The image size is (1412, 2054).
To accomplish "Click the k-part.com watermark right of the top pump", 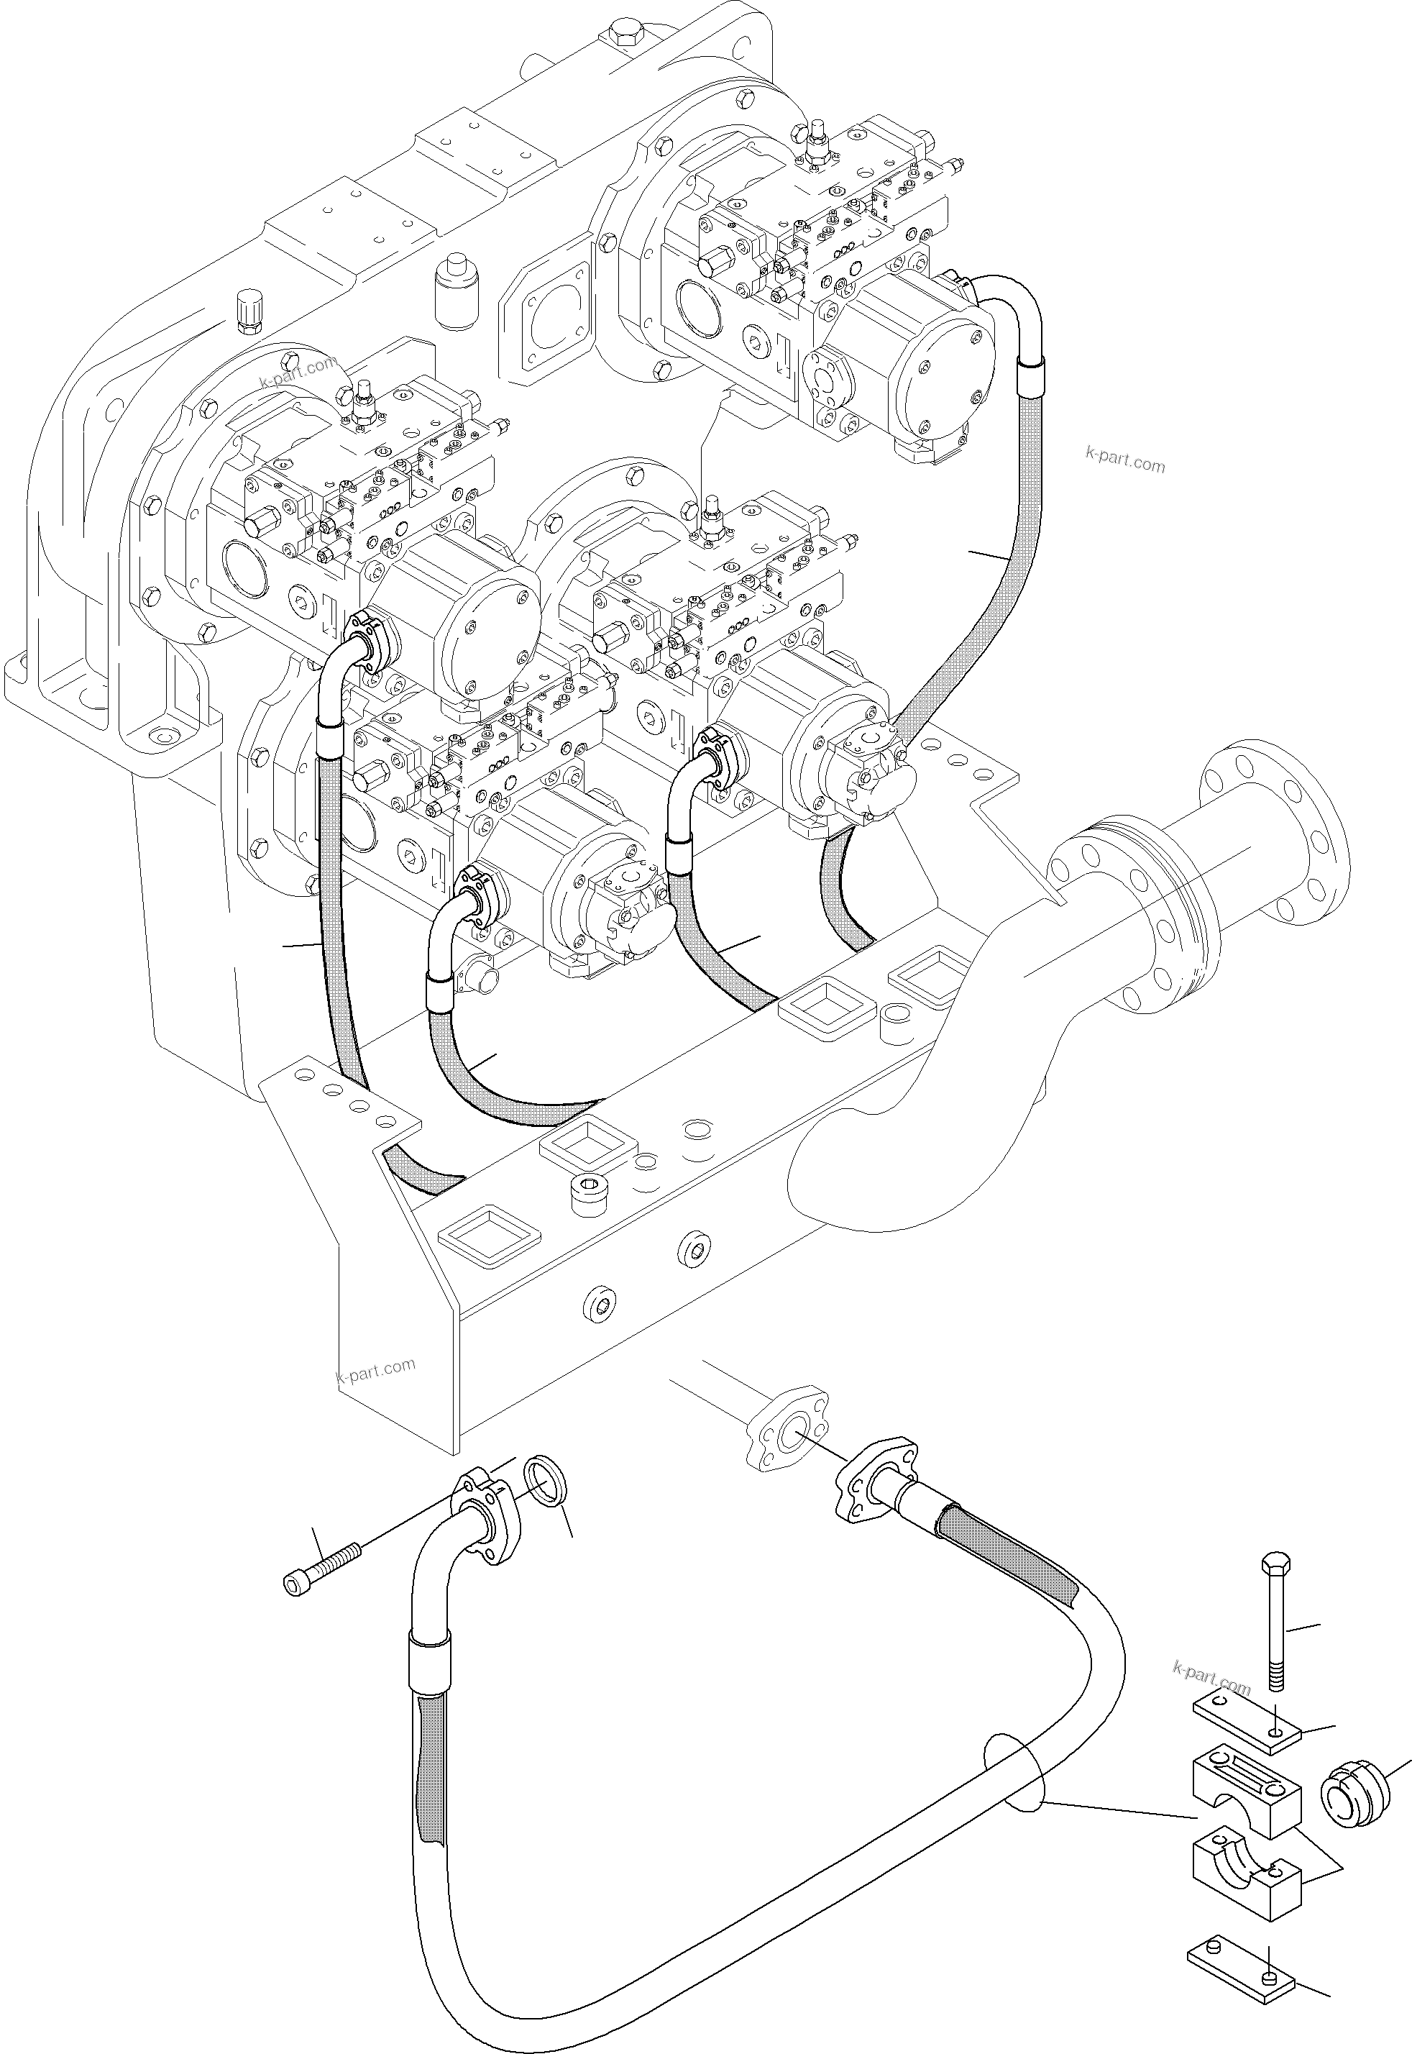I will pyautogui.click(x=1124, y=460).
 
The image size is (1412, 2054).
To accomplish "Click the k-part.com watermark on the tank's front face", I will pyautogui.click(x=375, y=1371).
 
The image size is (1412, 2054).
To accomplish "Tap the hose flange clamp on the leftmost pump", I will pyautogui.click(x=370, y=639).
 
